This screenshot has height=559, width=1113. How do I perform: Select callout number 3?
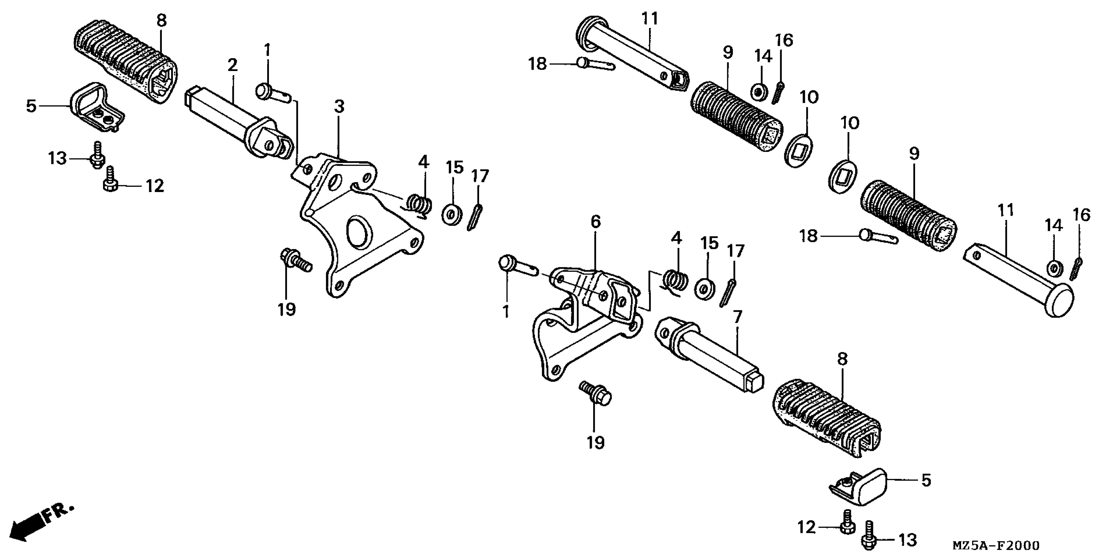tap(339, 106)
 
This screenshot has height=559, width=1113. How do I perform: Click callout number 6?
tap(595, 222)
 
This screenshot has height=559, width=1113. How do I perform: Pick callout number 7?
tap(737, 317)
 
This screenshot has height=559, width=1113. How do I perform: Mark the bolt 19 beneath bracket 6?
tap(595, 394)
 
